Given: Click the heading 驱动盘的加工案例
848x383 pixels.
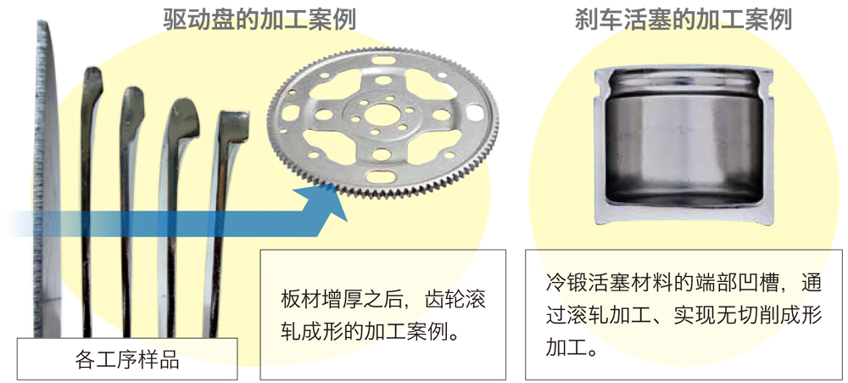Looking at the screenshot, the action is click(x=260, y=20).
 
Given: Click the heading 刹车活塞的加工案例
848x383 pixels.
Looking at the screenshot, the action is click(x=683, y=20).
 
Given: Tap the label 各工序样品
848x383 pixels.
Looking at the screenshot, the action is click(x=126, y=359).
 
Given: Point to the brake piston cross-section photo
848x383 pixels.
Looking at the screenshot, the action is click(x=683, y=146).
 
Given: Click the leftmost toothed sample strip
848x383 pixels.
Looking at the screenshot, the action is click(x=47, y=179).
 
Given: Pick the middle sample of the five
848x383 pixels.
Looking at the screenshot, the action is click(x=129, y=211).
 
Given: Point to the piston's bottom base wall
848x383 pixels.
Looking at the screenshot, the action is click(x=683, y=217).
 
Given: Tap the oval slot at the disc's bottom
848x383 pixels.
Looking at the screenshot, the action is click(x=382, y=177).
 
